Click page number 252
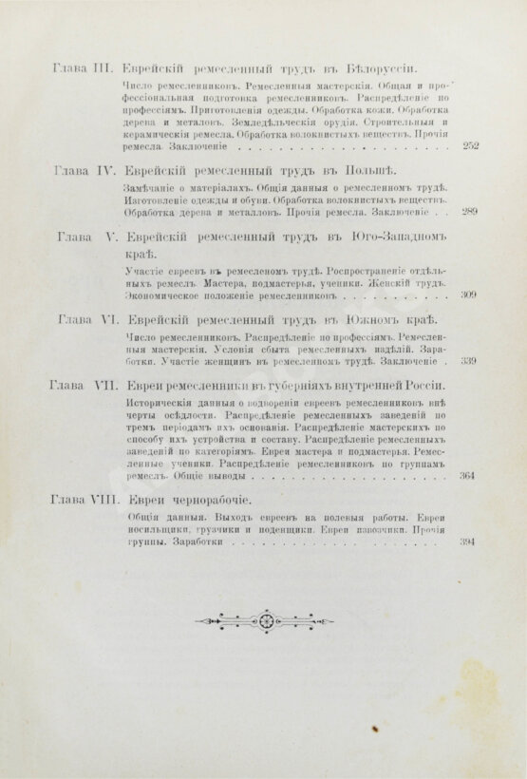coord(469,146)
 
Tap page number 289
coord(469,212)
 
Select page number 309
coord(469,295)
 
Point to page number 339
coord(469,361)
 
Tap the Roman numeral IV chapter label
coord(104,172)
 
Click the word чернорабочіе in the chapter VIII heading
coord(206,499)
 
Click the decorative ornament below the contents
coord(264,620)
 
